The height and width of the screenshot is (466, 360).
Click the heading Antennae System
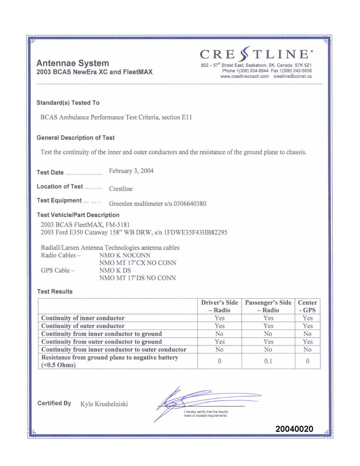point(73,63)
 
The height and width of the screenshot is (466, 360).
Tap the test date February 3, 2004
point(131,171)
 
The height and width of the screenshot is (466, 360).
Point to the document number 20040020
point(294,429)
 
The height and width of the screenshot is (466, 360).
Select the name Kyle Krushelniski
point(104,404)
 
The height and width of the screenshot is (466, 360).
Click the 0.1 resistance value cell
point(268,361)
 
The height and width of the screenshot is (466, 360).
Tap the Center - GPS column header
point(307,306)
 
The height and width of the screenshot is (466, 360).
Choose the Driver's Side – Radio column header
point(219,306)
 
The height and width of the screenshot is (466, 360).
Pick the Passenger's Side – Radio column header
point(268,306)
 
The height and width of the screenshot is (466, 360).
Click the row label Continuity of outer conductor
point(83,326)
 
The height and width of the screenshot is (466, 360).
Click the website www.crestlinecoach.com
point(244,77)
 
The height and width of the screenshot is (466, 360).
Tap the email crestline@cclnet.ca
point(292,77)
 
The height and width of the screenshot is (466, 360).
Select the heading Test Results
point(55,292)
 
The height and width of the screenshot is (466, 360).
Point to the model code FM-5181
point(118,225)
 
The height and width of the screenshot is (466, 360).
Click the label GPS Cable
point(55,270)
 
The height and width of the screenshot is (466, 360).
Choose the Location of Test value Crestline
point(121,189)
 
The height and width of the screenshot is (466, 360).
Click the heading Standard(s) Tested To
point(68,103)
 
